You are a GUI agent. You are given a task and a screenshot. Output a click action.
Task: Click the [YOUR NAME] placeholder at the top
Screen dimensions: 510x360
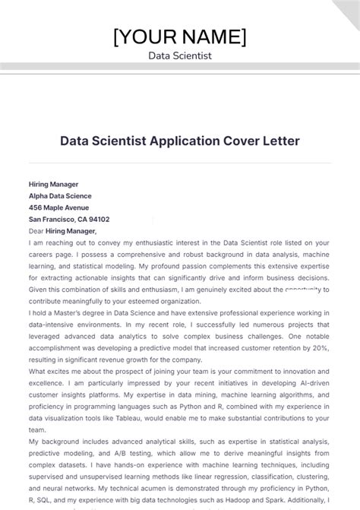point(180,36)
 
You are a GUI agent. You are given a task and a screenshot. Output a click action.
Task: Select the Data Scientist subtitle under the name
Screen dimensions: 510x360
point(180,56)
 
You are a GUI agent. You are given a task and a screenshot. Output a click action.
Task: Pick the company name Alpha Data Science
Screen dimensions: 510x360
point(61,195)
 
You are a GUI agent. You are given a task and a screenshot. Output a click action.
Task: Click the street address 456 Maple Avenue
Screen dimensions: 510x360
point(58,207)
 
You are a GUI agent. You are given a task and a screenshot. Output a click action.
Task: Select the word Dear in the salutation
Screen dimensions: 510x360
point(36,230)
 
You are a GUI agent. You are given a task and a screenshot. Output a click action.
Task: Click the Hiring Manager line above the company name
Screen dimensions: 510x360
point(53,184)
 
